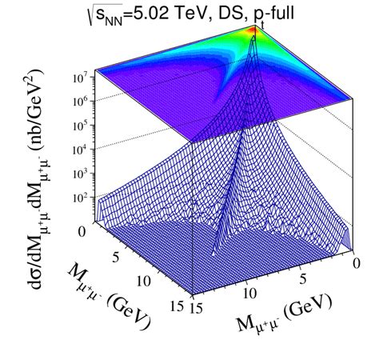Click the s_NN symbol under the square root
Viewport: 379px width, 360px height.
point(116,14)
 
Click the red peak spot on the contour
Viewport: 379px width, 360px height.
point(253,30)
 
